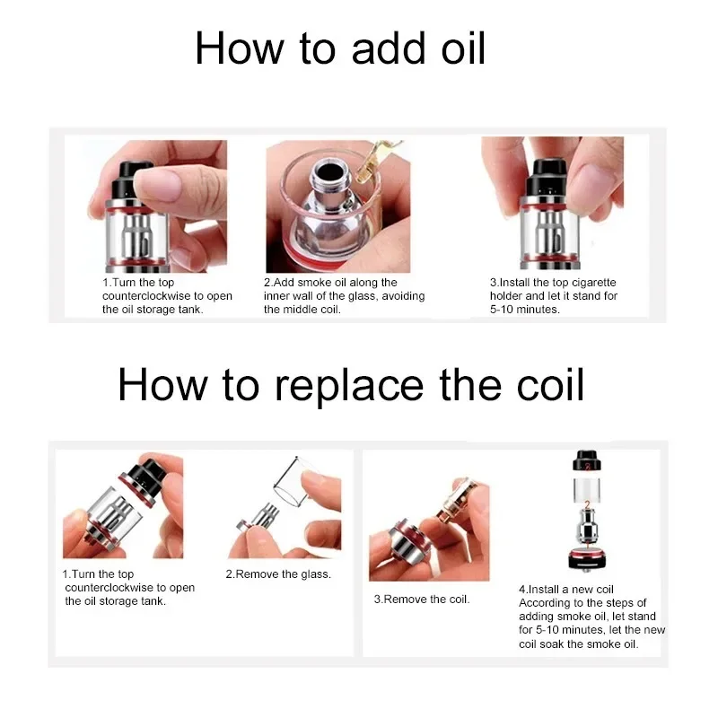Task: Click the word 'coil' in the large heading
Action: coord(550,385)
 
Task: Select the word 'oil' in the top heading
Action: coord(462,48)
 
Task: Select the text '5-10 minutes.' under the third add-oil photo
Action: coord(525,310)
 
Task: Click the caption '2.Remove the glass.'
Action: coord(278,574)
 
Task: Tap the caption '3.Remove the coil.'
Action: coord(422,600)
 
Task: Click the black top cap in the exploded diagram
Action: coord(587,460)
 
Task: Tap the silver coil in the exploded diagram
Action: coord(587,527)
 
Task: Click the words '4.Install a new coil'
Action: coord(566,590)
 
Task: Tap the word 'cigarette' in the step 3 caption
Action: coord(593,283)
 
